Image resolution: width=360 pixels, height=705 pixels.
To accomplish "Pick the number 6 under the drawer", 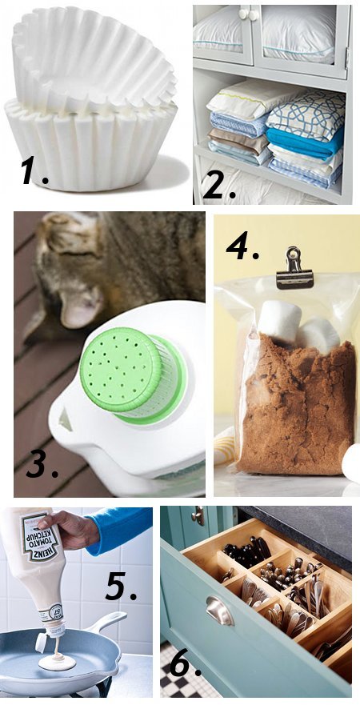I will [x=186, y=662].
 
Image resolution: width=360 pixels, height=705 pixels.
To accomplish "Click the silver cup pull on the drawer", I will [x=218, y=611].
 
